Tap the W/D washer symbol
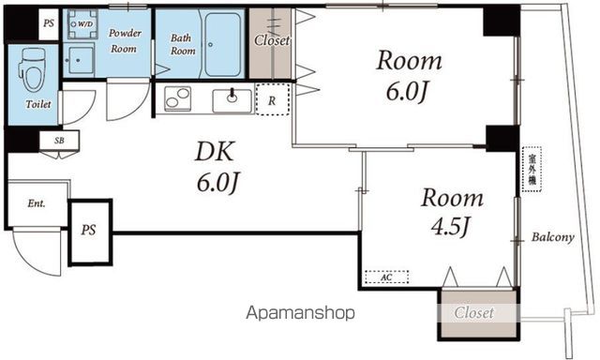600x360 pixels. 82,24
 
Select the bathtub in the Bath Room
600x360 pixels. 223,45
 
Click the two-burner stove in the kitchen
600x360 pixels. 177,98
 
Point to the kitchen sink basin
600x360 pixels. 232,101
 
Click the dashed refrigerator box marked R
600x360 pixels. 272,99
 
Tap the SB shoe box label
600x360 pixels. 59,141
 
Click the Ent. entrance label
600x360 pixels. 37,203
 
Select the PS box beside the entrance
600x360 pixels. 90,232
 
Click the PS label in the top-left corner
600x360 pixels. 49,23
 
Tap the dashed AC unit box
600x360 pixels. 386,277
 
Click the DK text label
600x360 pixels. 215,152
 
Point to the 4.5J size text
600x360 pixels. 450,227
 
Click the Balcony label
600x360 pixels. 552,237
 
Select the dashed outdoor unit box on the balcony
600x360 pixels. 532,169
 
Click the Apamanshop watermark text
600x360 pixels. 300,313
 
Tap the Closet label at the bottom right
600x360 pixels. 474,312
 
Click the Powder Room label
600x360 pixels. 125,41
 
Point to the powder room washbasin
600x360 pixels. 79,60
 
